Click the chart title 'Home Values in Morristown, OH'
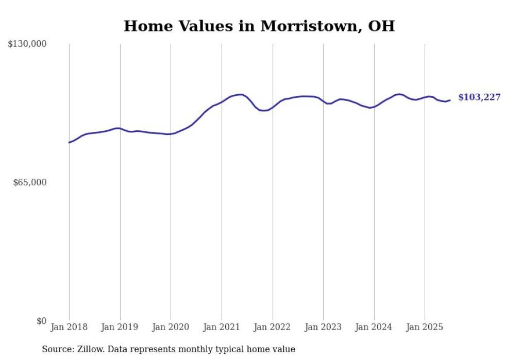pos(259,26)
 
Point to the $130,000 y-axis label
pos(27,44)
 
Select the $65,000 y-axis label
pos(30,182)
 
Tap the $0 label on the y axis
pos(41,321)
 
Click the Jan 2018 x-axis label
pos(69,328)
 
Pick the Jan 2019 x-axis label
pos(120,328)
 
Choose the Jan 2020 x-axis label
pos(171,328)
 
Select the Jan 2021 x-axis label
pos(222,328)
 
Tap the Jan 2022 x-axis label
pos(273,328)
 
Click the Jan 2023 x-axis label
pos(323,328)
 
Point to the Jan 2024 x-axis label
pos(374,328)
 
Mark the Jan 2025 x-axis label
pos(425,328)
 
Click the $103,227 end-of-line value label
pos(479,97)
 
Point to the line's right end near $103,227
pos(450,100)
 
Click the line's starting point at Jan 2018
pos(69,142)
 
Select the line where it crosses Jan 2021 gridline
pos(222,101)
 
